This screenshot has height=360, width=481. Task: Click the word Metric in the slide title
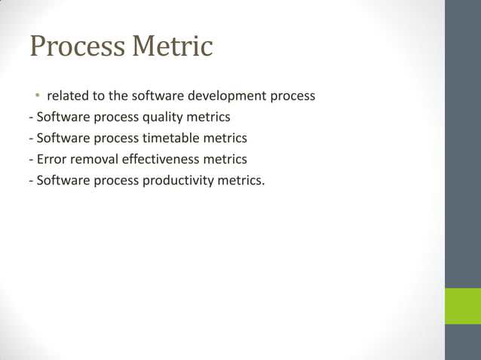[x=173, y=47]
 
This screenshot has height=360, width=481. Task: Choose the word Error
[x=51, y=159]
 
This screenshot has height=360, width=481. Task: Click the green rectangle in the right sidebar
[x=462, y=305]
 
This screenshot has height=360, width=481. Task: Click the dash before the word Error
[x=30, y=160]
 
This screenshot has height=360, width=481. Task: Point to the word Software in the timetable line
[x=63, y=139]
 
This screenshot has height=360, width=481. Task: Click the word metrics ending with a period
[x=245, y=180]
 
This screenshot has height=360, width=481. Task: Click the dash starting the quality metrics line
[x=30, y=118]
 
